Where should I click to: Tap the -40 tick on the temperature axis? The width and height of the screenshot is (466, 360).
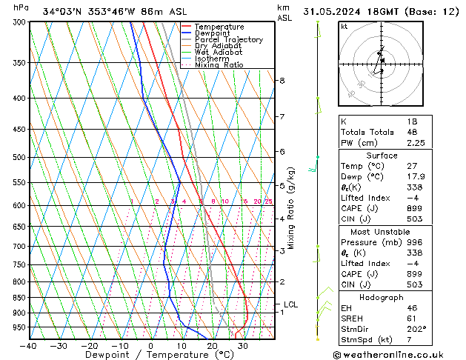pos(30,345)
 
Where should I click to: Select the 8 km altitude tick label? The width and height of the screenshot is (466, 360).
pos(282,80)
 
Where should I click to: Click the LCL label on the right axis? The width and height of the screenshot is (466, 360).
pos(290,304)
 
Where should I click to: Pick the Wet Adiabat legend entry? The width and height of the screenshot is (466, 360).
pos(222,53)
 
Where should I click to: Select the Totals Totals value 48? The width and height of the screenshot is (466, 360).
pos(412,132)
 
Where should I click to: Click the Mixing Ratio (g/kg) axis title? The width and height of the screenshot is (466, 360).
pos(293,207)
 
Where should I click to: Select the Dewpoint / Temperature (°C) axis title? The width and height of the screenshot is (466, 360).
pos(152,355)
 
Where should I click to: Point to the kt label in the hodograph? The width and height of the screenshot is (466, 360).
pos(344,27)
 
